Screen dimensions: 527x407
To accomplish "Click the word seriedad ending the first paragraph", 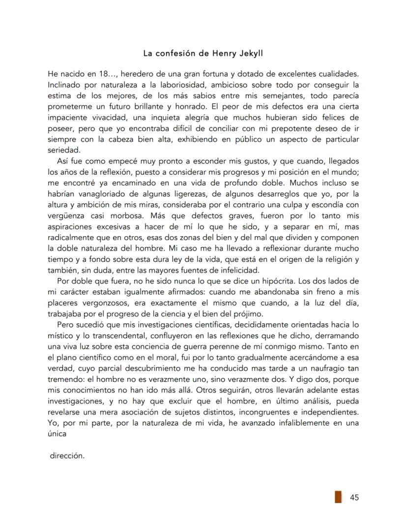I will click(x=63, y=150).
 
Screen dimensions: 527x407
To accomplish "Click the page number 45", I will click(x=354, y=497).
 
